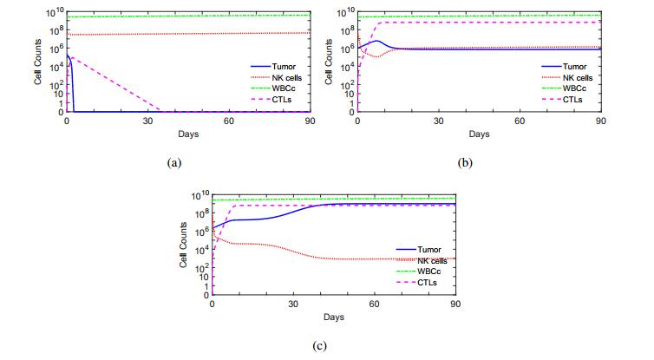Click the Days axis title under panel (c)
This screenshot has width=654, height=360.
tap(334, 317)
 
